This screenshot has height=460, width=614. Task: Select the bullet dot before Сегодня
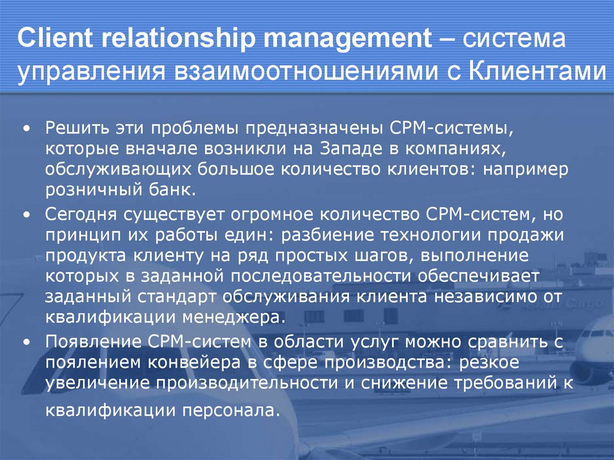click(27, 215)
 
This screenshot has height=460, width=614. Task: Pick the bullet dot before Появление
click(27, 342)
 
